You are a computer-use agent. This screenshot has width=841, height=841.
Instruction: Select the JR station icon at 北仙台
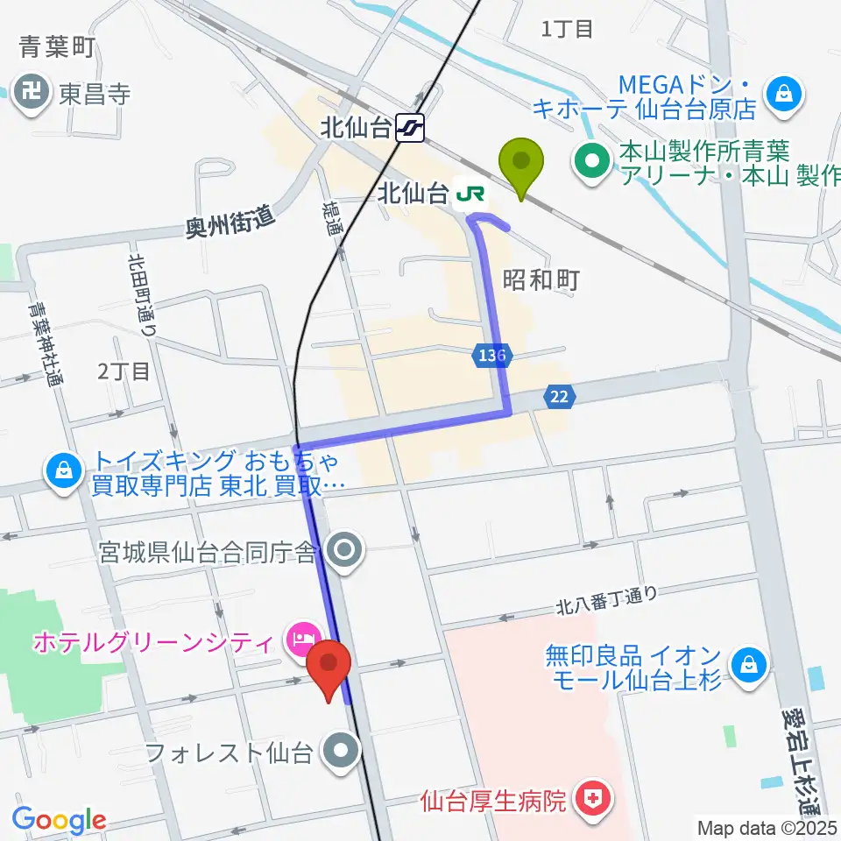472,192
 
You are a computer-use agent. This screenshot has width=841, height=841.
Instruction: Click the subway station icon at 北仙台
409,129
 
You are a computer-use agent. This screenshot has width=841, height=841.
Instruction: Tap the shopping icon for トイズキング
63,472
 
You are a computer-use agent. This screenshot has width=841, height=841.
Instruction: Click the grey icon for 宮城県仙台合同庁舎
343,551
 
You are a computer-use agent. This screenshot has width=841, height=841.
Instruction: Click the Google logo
60,821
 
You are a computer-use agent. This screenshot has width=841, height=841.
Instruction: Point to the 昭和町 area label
541,279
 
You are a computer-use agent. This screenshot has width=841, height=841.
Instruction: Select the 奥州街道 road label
230,224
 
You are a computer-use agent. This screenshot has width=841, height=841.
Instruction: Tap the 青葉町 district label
58,47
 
